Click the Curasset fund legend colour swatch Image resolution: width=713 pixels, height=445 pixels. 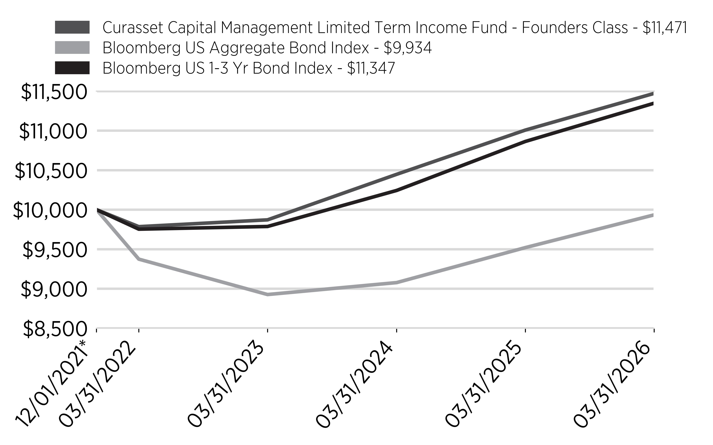coord(72,27)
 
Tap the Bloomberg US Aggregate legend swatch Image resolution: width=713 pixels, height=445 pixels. coord(72,48)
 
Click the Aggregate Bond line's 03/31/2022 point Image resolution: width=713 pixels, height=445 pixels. coord(139,259)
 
